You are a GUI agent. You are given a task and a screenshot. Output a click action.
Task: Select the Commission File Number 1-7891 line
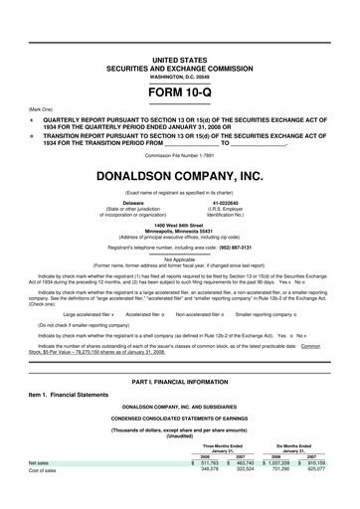(179, 155)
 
